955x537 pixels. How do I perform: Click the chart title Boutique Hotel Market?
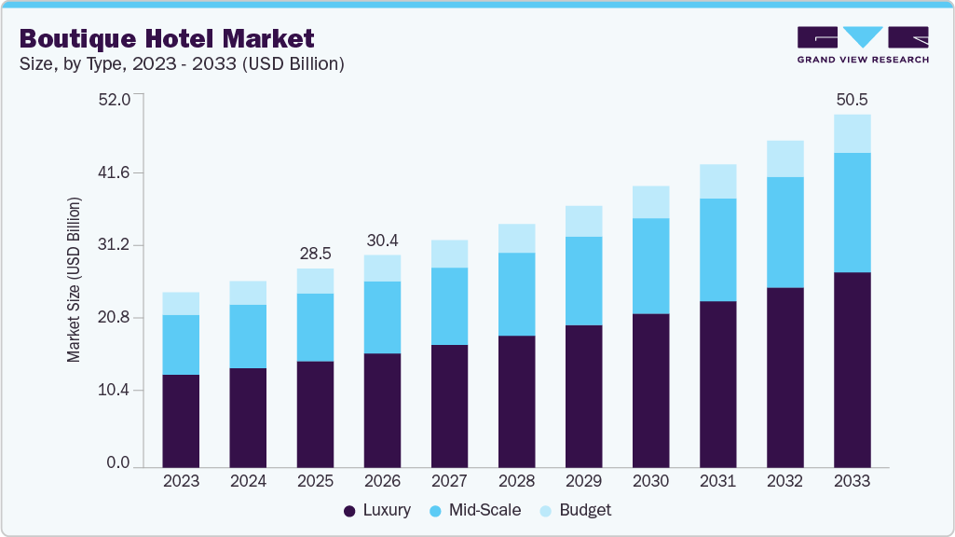point(167,38)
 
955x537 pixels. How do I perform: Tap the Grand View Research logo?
point(862,45)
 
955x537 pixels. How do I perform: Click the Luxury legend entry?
point(376,510)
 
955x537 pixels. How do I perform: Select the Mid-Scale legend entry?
point(474,510)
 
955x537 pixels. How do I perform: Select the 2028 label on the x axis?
point(516,481)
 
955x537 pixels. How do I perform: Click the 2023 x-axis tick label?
point(181,481)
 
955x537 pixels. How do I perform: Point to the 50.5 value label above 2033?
point(852,99)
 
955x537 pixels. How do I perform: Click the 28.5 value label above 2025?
point(315,253)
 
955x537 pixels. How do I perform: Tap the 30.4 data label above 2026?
point(382,240)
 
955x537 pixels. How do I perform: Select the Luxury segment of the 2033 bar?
point(852,369)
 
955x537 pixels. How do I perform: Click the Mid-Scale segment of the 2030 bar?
point(650,266)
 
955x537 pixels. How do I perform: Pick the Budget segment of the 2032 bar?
point(784,158)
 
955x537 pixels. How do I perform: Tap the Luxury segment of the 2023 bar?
point(181,420)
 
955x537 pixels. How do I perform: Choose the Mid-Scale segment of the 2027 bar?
point(449,306)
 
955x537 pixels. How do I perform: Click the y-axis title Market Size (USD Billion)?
point(74,280)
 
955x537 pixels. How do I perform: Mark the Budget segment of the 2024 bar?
point(248,293)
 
